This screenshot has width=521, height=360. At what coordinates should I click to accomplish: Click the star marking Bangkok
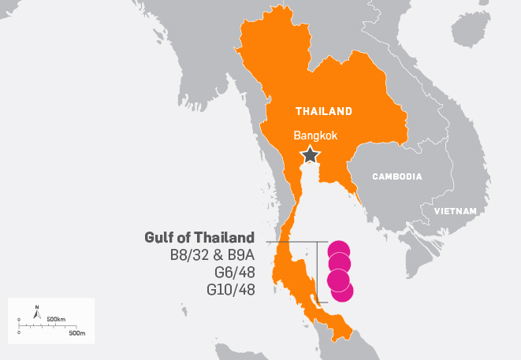coord(311,154)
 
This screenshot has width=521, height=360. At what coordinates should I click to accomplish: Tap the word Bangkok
coord(315,135)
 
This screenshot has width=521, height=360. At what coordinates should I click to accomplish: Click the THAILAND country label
coord(323,110)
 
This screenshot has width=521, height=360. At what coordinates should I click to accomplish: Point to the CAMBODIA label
coord(397,176)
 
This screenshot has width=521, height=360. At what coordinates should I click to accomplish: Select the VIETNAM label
coord(456,211)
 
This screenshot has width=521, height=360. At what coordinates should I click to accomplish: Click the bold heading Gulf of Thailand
coord(199,237)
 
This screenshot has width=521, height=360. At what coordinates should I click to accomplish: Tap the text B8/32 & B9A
coord(212,255)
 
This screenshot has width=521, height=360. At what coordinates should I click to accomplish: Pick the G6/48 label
coord(235,273)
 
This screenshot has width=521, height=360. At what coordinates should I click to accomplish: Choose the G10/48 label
coord(231,290)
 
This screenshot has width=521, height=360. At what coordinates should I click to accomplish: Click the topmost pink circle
coord(340,251)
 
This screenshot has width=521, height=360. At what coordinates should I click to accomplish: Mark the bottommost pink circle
coord(342,291)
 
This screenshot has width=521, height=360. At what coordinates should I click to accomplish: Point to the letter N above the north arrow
coord(36,306)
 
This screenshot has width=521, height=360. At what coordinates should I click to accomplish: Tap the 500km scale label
coord(55,318)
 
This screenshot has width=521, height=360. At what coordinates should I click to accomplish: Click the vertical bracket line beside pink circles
coord(317,272)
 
